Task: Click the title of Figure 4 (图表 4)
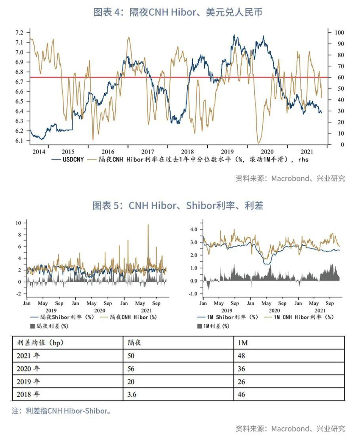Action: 178,12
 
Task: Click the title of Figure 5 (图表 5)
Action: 178,206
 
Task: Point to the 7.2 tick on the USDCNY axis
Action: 19,33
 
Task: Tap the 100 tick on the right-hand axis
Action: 339,33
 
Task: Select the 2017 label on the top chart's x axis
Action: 147,152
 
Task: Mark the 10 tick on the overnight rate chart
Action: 18,223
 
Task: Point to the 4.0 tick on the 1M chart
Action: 194,230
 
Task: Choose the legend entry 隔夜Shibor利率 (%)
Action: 62,317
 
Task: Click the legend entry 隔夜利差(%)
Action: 49,326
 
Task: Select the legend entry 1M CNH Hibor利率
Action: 299,317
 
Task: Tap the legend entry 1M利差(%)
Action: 213,326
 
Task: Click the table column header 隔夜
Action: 134,343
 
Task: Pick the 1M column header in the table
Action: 243,343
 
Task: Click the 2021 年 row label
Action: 28,356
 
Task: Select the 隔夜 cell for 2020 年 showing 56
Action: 131,369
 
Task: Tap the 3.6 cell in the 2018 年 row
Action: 132,394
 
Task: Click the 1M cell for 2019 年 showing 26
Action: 241,382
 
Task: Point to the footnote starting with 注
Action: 61,411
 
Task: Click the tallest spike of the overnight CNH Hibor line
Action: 148,225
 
